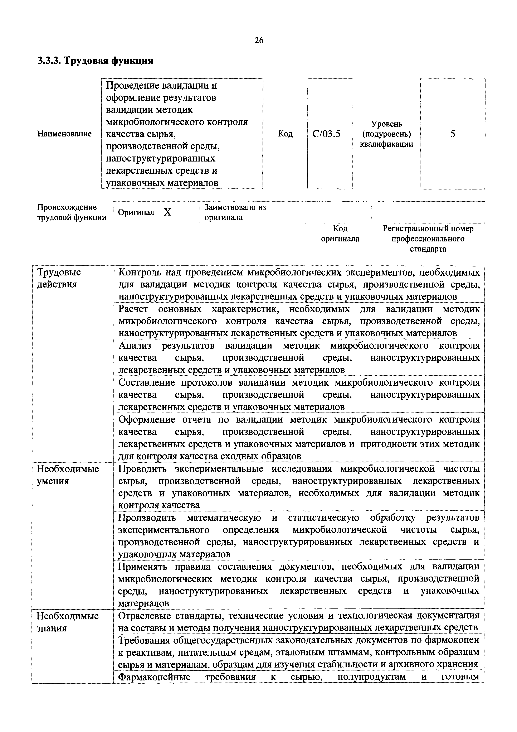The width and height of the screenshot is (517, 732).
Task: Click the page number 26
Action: pos(259,40)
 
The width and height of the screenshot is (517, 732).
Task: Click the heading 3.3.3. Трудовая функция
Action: pos(95,61)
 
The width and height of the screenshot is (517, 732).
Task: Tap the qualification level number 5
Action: pos(452,134)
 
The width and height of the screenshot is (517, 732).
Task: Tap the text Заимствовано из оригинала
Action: pos(235,212)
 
